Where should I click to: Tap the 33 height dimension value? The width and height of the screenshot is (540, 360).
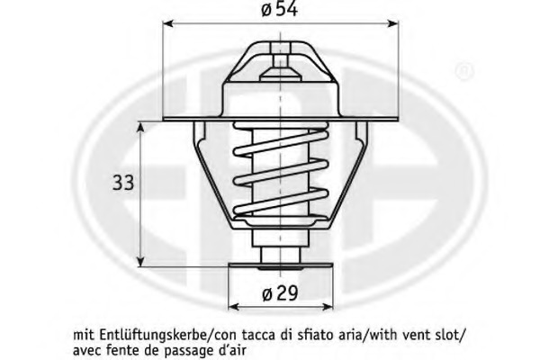tap(123, 183)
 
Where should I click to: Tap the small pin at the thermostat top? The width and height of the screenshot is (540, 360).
tap(280, 61)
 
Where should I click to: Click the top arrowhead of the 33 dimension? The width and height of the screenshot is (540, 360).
tap(140, 127)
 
